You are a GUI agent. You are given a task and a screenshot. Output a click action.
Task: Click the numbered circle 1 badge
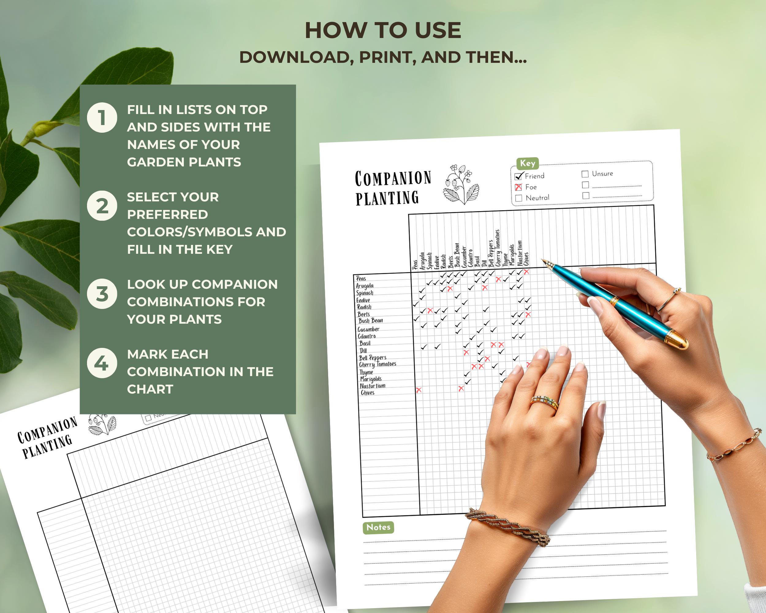(x=102, y=118)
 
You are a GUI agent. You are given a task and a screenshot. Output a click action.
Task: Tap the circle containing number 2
(x=102, y=206)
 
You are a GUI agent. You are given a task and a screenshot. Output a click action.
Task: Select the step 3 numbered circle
(x=102, y=294)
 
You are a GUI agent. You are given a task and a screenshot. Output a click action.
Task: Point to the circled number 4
(x=102, y=363)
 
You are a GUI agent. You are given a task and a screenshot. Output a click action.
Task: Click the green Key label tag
(x=527, y=163)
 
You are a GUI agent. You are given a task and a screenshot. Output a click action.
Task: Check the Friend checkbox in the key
(x=518, y=176)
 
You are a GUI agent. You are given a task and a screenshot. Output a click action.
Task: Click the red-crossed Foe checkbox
(x=518, y=187)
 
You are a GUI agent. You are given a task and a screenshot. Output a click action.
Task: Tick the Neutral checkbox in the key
(x=519, y=198)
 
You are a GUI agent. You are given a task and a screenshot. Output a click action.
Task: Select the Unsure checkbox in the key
(x=585, y=174)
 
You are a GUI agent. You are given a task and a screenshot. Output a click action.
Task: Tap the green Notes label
(x=378, y=527)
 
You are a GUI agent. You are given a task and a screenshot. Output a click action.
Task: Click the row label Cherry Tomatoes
(x=377, y=364)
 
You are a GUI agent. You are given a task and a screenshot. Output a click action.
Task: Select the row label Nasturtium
(x=372, y=386)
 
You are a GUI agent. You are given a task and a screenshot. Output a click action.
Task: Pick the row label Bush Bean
(x=370, y=321)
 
